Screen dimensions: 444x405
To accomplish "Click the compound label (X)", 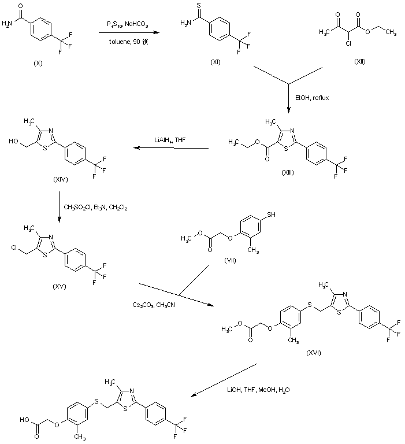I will (38, 62).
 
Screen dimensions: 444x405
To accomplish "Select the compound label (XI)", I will (215, 62).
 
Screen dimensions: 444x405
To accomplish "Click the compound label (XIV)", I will (60, 179).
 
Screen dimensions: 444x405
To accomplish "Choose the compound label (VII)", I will (231, 262).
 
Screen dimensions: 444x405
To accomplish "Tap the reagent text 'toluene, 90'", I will (128, 42).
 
